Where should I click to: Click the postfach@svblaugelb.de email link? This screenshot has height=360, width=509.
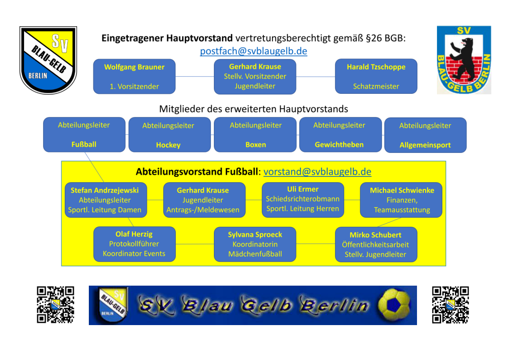[253, 51]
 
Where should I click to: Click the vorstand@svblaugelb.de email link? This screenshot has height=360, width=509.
[317, 172]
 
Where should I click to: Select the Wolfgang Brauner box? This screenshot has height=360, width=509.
[134, 76]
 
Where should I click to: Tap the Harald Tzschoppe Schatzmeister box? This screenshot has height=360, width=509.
[376, 76]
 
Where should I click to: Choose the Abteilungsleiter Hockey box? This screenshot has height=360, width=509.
[170, 135]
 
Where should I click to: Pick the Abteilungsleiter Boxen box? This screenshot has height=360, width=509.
[255, 135]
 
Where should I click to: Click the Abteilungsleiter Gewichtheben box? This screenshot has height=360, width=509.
[339, 135]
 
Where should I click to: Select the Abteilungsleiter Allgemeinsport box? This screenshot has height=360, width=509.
[425, 135]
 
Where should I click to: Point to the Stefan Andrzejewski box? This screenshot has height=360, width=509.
[105, 200]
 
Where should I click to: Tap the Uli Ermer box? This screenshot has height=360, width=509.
[303, 199]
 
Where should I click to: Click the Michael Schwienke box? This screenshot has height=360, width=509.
[401, 200]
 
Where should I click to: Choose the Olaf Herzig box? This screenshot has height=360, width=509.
[134, 244]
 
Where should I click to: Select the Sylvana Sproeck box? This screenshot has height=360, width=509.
[255, 244]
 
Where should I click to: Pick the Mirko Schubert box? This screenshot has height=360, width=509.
[376, 244]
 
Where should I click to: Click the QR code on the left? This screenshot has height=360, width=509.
[55, 305]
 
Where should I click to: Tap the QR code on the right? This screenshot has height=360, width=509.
[451, 305]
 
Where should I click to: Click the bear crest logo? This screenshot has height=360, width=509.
[464, 60]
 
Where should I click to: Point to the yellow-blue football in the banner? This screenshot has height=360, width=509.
[394, 305]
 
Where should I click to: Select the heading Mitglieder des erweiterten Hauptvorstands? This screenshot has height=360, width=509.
[253, 109]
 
